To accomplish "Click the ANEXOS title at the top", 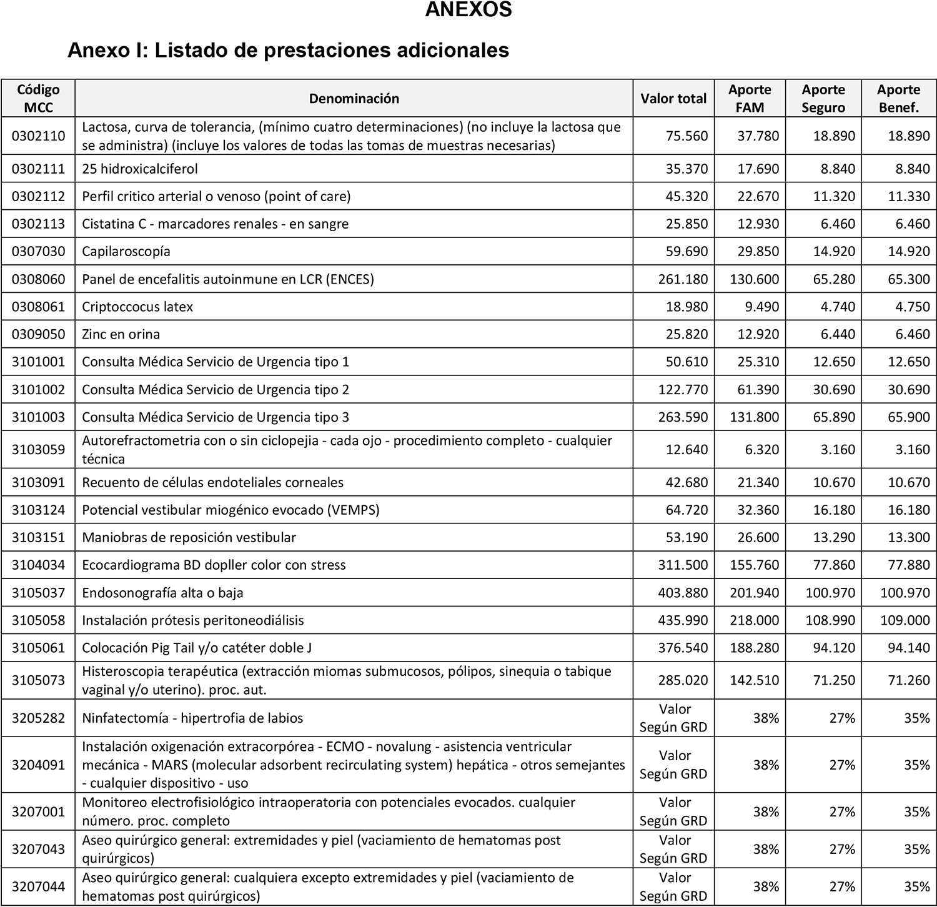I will [x=468, y=10].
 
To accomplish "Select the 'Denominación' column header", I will [x=354, y=99].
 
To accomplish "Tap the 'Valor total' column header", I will [x=673, y=99].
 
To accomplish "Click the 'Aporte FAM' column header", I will [x=750, y=99].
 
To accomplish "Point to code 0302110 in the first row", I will [x=38, y=136].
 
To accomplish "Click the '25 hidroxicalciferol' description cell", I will [x=140, y=169].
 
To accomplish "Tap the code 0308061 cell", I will [x=38, y=307].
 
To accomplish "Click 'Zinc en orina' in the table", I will [x=121, y=334].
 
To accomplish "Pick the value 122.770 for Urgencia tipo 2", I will [x=683, y=390].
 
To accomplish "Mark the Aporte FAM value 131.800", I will [x=755, y=417].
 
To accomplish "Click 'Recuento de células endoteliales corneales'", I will [x=213, y=482].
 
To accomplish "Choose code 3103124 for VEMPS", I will [x=38, y=510].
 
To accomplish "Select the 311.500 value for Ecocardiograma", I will [x=683, y=565].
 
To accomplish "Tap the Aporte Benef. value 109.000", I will [x=905, y=620].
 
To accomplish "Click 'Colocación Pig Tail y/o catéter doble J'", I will [x=197, y=648].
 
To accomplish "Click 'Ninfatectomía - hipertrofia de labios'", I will [x=192, y=718].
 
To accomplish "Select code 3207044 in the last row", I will [x=38, y=887].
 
